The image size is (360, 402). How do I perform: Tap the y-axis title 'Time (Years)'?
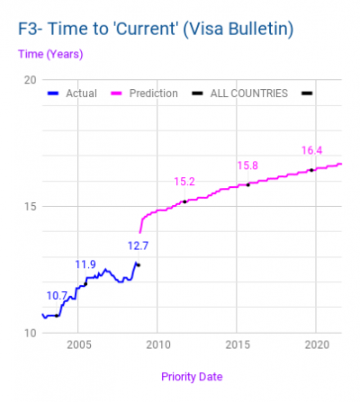click(x=49, y=54)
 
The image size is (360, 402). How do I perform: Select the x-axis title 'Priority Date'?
click(x=192, y=376)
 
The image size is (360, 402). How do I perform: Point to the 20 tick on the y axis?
click(x=30, y=80)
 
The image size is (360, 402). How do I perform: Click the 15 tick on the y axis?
click(x=30, y=206)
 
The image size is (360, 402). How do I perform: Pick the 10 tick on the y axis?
click(x=30, y=333)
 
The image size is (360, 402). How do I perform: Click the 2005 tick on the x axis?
click(x=78, y=344)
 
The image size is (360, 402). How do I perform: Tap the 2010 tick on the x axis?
click(x=157, y=344)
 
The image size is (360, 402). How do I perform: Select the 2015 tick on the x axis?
click(x=237, y=344)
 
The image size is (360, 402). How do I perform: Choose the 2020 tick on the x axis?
click(x=316, y=344)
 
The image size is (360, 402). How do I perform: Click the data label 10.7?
click(x=57, y=295)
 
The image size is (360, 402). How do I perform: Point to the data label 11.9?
click(x=85, y=264)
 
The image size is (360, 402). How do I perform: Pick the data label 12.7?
click(x=138, y=245)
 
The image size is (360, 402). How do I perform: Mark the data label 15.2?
click(x=184, y=182)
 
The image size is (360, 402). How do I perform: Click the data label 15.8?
click(x=247, y=165)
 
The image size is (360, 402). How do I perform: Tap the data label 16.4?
click(x=311, y=151)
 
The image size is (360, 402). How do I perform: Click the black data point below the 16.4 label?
click(x=311, y=170)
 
